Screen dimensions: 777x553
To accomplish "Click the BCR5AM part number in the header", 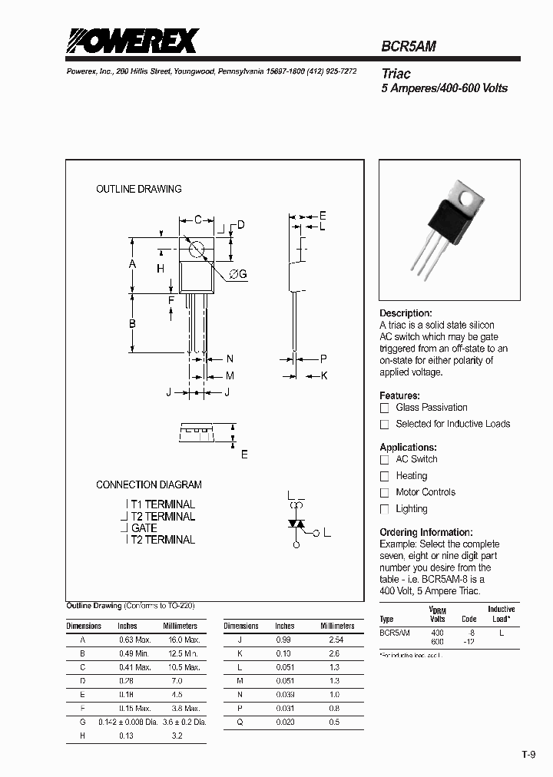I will point(409,46).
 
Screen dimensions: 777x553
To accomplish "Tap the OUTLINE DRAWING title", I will point(139,189).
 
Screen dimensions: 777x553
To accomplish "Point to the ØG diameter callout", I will point(237,275).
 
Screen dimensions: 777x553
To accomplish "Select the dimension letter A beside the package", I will point(132,264).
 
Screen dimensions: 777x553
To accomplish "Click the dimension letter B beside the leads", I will point(132,324).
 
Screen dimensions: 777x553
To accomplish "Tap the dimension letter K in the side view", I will point(324,375).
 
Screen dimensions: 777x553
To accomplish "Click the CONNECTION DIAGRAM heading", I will point(149,484).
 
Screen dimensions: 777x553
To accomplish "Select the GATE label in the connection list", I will point(144,528).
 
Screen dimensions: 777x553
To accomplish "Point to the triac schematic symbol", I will point(296,524).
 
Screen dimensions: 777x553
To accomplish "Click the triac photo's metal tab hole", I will point(467,199).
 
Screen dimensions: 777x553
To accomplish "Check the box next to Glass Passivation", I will point(385,408).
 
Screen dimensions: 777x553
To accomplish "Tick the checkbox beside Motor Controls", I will point(385,493).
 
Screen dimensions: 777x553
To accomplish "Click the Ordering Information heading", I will point(426,532).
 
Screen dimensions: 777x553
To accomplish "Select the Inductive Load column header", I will point(502,613).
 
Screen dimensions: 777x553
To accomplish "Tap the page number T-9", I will point(528,755).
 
